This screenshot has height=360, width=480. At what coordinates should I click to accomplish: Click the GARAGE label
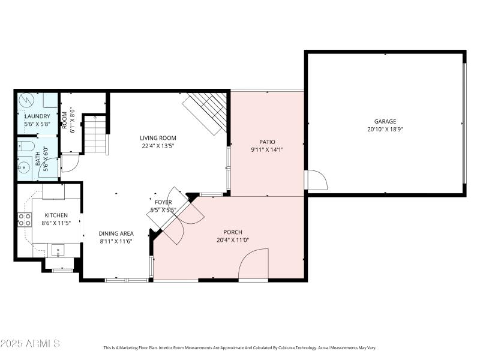[385, 121]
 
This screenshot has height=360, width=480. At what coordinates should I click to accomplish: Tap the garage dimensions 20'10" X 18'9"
[385, 129]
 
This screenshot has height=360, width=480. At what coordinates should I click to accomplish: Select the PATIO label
[266, 142]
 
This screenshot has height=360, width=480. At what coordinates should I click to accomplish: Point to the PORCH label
[233, 232]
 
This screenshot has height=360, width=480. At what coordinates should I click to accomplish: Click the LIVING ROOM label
[158, 137]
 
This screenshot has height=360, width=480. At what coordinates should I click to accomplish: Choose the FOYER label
[163, 203]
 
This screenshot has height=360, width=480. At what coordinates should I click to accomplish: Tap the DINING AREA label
[116, 233]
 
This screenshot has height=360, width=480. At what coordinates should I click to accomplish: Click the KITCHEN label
[55, 215]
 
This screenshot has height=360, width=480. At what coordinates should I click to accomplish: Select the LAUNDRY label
[37, 116]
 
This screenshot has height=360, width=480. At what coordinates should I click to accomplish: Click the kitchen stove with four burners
[25, 220]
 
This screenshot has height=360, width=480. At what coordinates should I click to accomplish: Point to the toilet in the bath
[26, 146]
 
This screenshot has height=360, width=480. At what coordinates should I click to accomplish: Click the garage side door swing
[314, 179]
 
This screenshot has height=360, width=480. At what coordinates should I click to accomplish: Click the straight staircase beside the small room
[95, 134]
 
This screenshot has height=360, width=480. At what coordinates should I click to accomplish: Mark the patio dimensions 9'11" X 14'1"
[266, 150]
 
